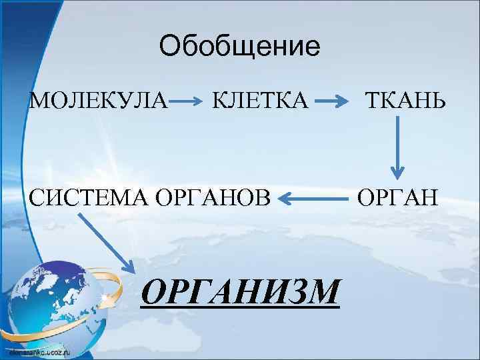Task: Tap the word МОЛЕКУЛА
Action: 99,101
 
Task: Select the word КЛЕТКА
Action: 261,101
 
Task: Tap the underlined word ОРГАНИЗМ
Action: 241,291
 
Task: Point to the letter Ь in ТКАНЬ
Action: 430,101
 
